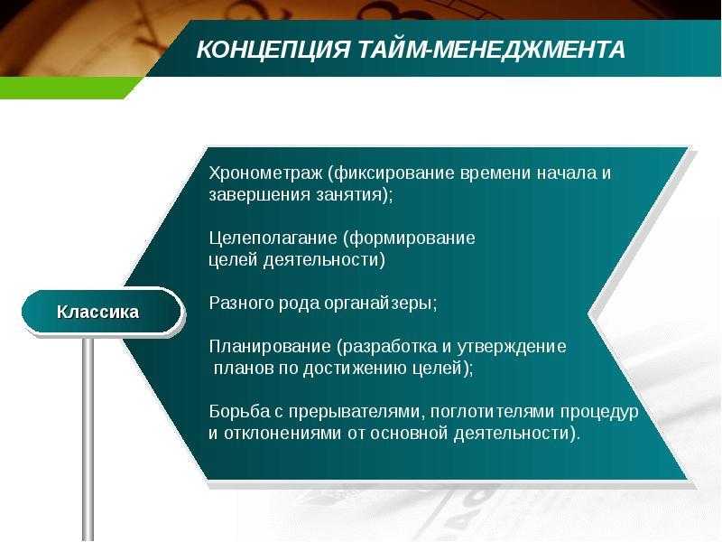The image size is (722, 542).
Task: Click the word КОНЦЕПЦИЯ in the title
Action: point(273,50)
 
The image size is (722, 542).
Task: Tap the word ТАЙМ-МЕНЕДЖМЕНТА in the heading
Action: point(491,50)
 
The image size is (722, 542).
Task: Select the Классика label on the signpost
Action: point(97,312)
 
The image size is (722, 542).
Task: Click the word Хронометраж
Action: point(265,173)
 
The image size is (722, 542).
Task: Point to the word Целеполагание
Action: point(273,238)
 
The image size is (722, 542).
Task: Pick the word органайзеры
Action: point(381,304)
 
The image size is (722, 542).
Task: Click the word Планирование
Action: point(270,347)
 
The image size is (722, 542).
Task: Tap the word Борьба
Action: point(239,411)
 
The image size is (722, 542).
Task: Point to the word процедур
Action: point(599,412)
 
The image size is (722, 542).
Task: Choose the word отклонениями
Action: point(282,434)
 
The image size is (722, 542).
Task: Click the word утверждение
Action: point(512,347)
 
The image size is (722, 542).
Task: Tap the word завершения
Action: point(259,195)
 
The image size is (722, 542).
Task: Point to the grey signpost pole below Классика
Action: point(88,439)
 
